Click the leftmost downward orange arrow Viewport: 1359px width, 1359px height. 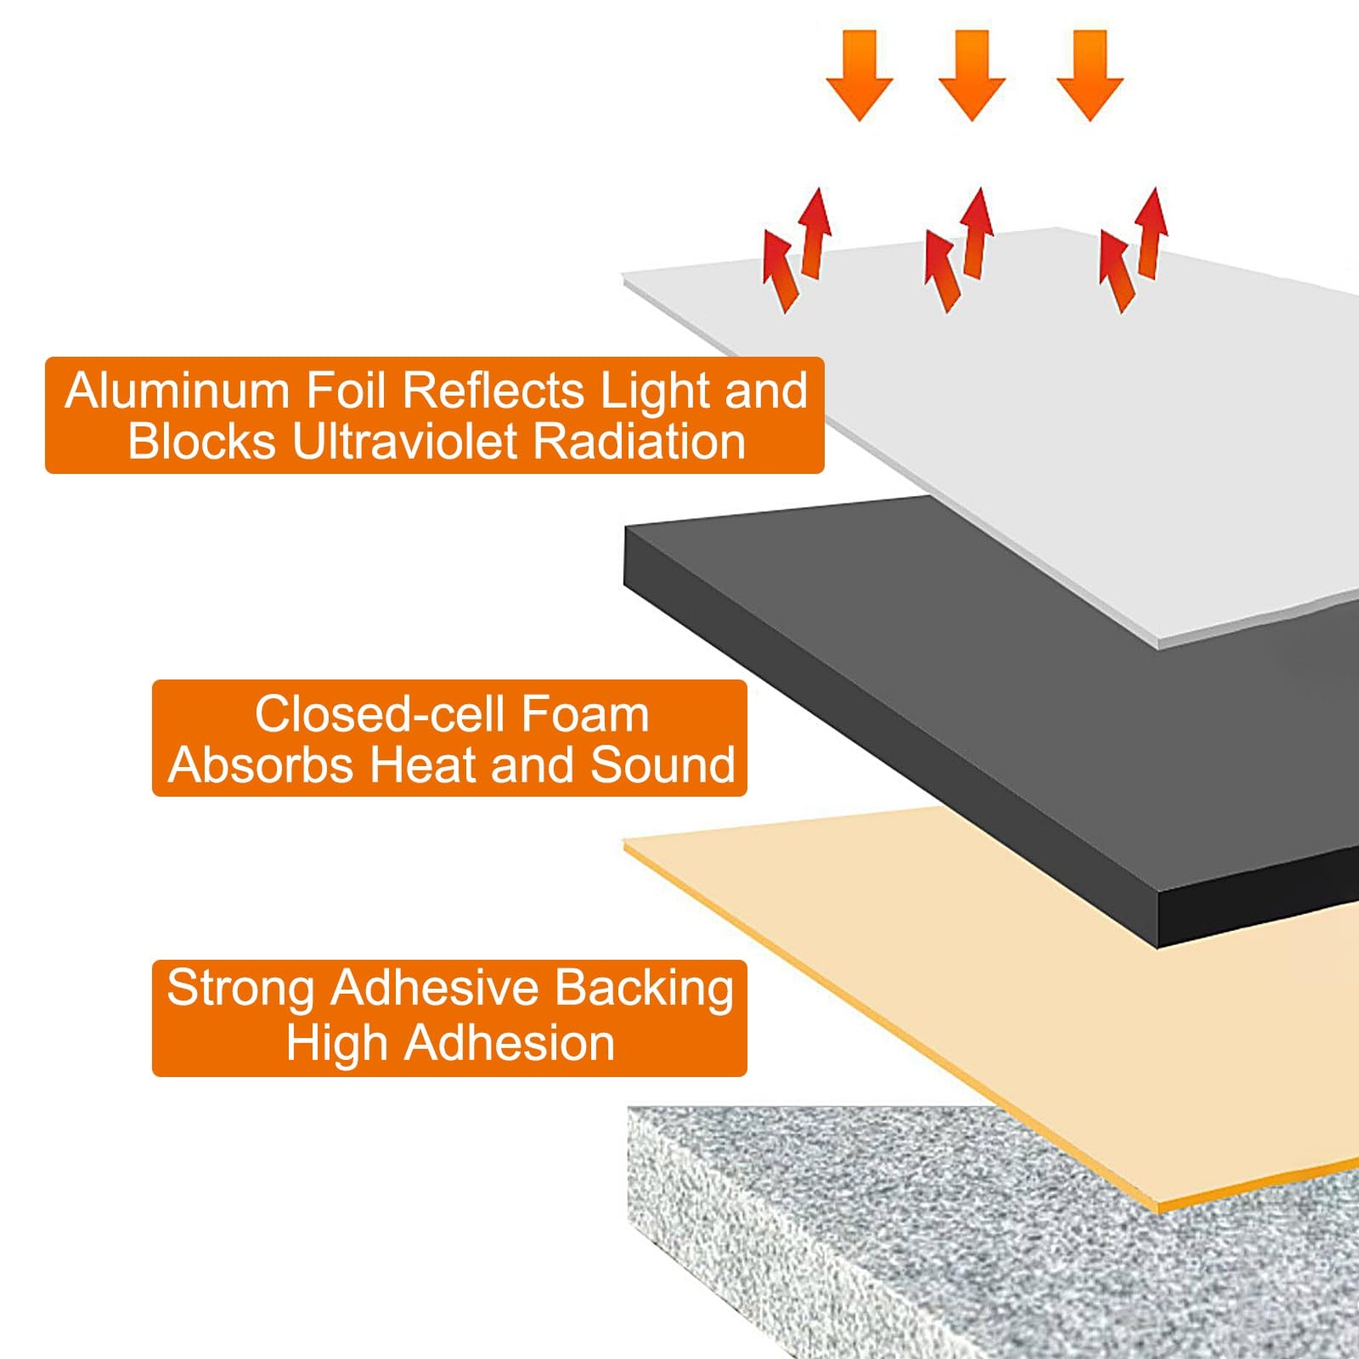point(860,75)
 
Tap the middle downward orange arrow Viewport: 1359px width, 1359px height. point(973,75)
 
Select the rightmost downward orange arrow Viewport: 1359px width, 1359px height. point(1091,75)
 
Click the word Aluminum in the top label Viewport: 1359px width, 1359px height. point(178,391)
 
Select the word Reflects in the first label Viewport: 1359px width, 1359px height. point(493,391)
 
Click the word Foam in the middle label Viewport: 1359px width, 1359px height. point(585,713)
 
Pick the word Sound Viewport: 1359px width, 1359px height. point(663,764)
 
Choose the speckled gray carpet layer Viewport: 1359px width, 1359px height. point(934,1249)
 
